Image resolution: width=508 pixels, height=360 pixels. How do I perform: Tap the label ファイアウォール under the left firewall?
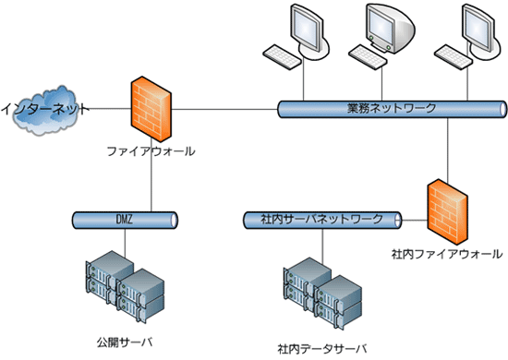pyautogui.click(x=151, y=150)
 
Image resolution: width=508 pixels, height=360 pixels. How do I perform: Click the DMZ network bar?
pyautogui.click(x=124, y=220)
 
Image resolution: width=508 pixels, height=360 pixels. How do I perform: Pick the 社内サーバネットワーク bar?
pyautogui.click(x=322, y=220)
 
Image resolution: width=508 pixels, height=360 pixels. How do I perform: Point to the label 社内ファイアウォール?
pyautogui.click(x=447, y=253)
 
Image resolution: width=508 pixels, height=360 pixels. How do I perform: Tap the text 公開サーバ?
pyautogui.click(x=123, y=328)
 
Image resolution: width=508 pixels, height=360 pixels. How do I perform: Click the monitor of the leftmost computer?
pyautogui.click(x=308, y=28)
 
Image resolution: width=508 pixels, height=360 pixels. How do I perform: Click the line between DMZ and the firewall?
pyautogui.click(x=150, y=185)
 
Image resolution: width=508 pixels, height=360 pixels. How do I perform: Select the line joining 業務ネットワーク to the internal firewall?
pyautogui.click(x=447, y=148)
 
